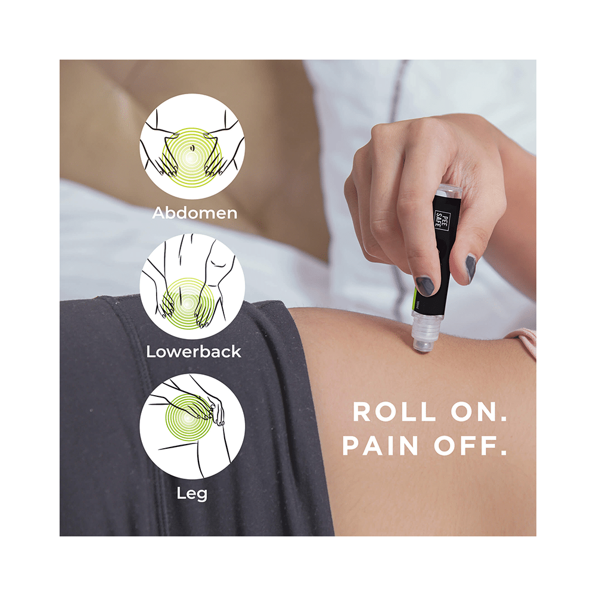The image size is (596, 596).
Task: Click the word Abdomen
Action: point(194,213)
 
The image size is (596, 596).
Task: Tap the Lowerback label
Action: point(194,351)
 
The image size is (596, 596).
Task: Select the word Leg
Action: point(193,493)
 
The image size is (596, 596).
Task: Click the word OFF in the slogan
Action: point(475,446)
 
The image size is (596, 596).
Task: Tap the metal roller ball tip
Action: point(423,344)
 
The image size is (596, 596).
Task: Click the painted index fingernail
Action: point(424,285)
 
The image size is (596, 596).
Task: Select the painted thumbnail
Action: point(471,267)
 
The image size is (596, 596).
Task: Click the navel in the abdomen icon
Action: point(192,150)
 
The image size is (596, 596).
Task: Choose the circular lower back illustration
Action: point(192,286)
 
